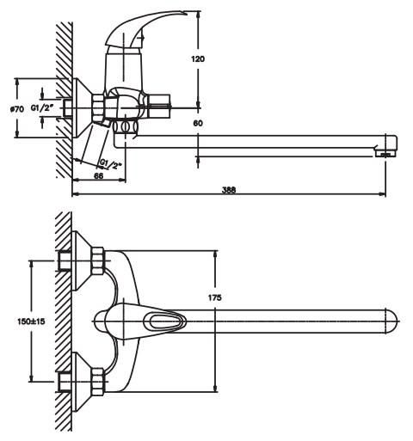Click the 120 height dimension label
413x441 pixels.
[198, 59]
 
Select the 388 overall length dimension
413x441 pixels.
[229, 190]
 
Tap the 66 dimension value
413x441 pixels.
[98, 175]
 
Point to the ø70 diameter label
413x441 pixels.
[17, 109]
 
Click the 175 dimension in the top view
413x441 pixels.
[215, 297]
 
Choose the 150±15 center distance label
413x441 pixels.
[31, 322]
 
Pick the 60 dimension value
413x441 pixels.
[198, 123]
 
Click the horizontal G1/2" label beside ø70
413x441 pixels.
[42, 108]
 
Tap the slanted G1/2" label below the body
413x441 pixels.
[111, 164]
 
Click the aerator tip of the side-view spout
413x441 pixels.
[385, 154]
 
